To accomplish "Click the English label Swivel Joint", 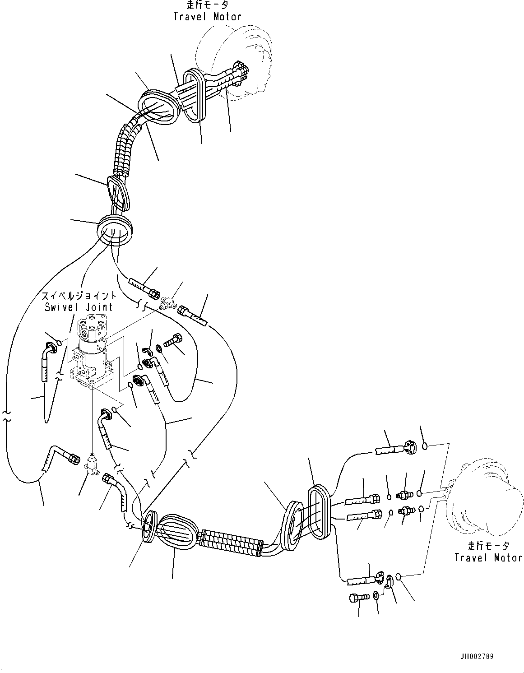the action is pos(79,307).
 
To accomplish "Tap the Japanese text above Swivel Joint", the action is pos(79,296).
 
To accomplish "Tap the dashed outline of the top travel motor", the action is pos(234,59).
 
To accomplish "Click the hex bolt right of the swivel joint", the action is pos(173,340).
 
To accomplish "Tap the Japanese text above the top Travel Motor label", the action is pos(207,5).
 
